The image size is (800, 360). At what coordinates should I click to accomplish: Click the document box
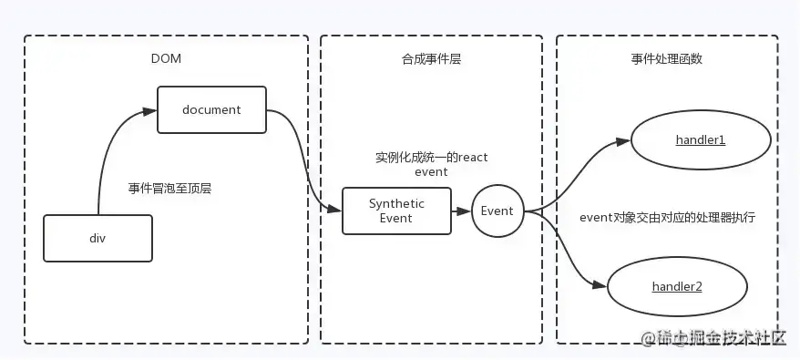pyautogui.click(x=211, y=109)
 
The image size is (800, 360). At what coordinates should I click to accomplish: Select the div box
pyautogui.click(x=97, y=237)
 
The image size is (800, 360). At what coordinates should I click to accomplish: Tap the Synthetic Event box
pyautogui.click(x=396, y=211)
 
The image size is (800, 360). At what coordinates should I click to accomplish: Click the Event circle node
pyautogui.click(x=497, y=211)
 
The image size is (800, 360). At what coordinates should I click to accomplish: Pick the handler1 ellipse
pyautogui.click(x=700, y=140)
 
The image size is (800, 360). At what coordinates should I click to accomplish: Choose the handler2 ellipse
pyautogui.click(x=676, y=286)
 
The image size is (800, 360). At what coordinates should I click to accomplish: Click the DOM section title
pyautogui.click(x=165, y=59)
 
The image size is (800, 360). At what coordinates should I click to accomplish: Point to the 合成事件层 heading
pyautogui.click(x=431, y=59)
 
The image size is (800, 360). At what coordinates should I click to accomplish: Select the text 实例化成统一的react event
pyautogui.click(x=431, y=164)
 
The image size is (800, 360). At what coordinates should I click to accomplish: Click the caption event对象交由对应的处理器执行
pyautogui.click(x=667, y=218)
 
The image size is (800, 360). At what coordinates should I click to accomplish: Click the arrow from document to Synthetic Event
pyautogui.click(x=305, y=164)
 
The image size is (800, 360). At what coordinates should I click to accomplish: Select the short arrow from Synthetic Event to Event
pyautogui.click(x=460, y=211)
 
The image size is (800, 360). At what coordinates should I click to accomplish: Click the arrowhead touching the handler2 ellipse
pyautogui.click(x=599, y=285)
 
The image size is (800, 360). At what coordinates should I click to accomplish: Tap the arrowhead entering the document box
pyautogui.click(x=150, y=110)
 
